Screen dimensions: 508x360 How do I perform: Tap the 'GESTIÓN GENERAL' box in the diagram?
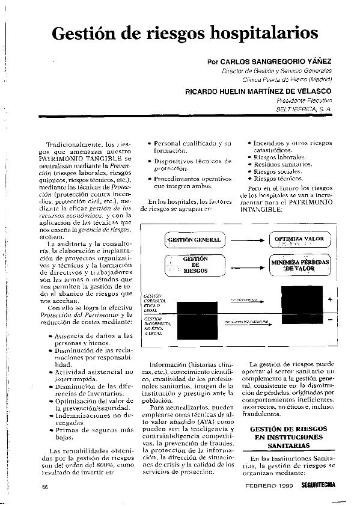click(x=194, y=240)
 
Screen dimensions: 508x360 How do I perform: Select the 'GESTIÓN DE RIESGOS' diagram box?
click(x=195, y=264)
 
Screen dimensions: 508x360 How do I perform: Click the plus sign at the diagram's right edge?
click(x=330, y=299)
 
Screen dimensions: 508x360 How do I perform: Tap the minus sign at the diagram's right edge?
click(x=330, y=320)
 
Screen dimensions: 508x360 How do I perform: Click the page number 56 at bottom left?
click(x=44, y=486)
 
